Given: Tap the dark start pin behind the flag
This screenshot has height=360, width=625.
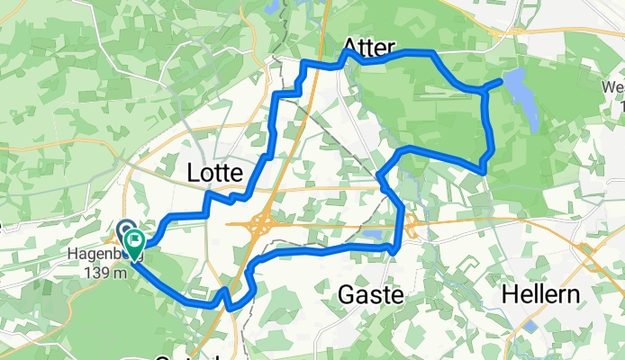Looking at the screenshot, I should (x=124, y=230).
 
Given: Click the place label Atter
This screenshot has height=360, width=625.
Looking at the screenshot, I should (x=369, y=46).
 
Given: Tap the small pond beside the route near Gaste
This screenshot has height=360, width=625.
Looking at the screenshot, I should (x=372, y=237).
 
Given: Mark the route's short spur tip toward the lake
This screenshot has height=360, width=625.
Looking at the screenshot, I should (x=501, y=83).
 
